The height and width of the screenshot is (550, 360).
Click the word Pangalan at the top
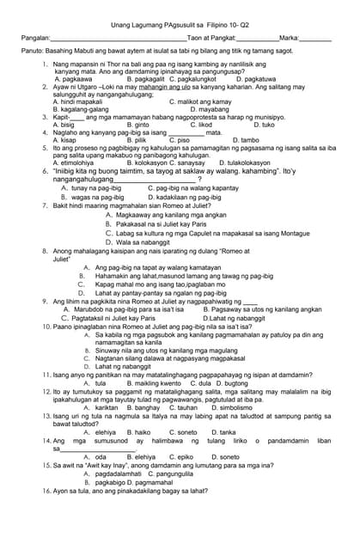tap(35, 39)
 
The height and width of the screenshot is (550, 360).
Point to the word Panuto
tap(32, 52)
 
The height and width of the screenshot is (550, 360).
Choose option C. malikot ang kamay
tap(199, 101)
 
